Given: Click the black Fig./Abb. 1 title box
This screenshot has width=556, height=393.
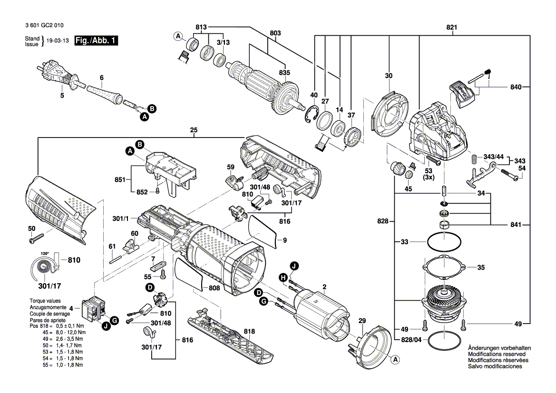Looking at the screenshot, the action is (x=96, y=40).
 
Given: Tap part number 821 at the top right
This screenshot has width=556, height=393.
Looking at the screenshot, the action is (x=451, y=27).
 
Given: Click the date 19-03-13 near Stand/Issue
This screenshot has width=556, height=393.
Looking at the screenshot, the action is (x=58, y=41).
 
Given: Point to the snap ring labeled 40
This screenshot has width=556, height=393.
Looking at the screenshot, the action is (x=310, y=114).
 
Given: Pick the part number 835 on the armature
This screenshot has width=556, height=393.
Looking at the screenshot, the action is (x=284, y=72).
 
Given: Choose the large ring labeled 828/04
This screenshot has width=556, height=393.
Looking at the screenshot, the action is (x=443, y=340).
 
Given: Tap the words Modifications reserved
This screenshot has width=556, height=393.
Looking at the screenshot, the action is (x=497, y=354).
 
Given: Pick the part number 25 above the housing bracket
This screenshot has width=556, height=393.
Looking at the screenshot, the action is (x=194, y=130).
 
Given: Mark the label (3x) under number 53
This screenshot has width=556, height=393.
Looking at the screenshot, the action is (x=429, y=177).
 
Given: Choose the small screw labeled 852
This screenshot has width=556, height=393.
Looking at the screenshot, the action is (x=158, y=192).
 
